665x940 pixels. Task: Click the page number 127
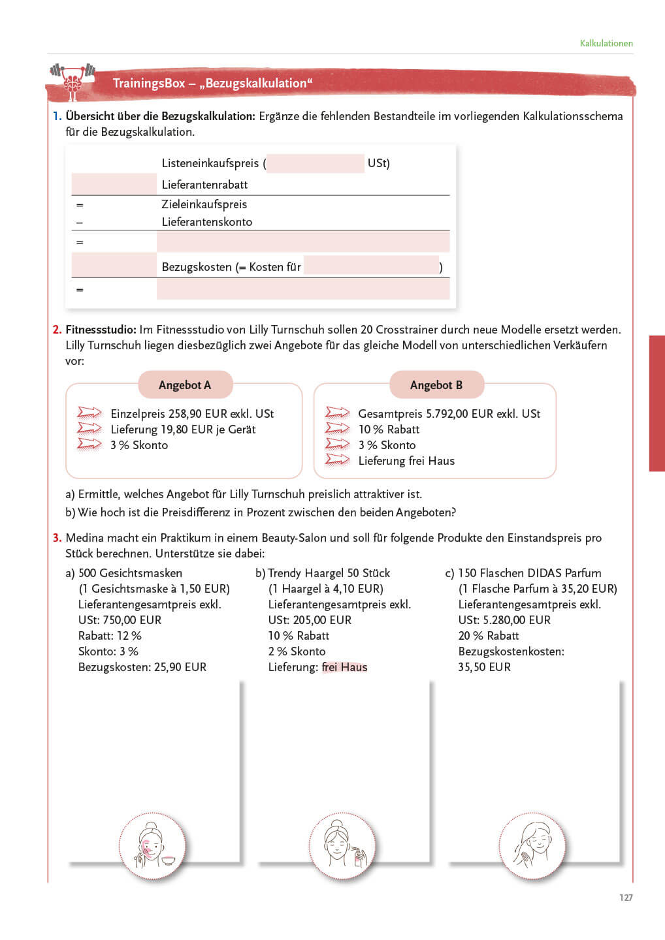(x=626, y=898)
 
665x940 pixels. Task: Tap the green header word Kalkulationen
(x=606, y=43)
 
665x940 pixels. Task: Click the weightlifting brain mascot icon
(x=73, y=81)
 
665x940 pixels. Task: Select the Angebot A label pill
(x=185, y=385)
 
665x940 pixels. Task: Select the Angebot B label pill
(x=436, y=385)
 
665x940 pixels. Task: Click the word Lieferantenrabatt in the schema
(x=204, y=185)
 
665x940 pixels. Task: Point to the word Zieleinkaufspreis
(x=204, y=204)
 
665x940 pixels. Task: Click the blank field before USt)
(x=316, y=163)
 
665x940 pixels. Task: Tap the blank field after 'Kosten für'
(x=371, y=266)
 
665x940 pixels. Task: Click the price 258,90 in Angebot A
(x=187, y=414)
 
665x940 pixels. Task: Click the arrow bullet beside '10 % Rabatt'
(x=337, y=429)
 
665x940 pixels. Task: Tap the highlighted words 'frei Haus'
(x=345, y=667)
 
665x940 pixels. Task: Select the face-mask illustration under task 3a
(x=152, y=845)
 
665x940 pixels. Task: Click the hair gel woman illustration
(x=342, y=845)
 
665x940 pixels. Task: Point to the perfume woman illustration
(x=532, y=845)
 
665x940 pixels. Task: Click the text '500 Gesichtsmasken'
(x=130, y=573)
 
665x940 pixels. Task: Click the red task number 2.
(x=57, y=330)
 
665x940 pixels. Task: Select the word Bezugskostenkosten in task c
(x=511, y=651)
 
